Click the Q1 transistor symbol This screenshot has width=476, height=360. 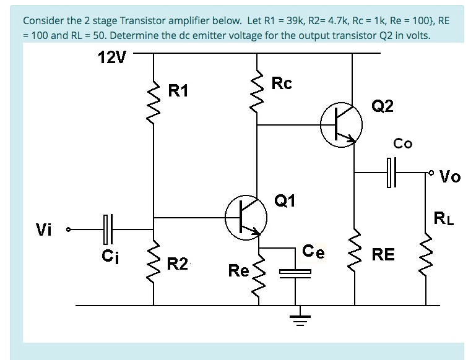point(246,218)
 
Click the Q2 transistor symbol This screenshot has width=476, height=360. point(341,126)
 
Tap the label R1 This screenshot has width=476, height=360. point(178,91)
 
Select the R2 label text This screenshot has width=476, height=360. point(178,265)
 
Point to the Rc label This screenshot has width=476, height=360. point(282,84)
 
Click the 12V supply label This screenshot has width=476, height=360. point(111,58)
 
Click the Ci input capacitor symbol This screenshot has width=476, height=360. point(106,229)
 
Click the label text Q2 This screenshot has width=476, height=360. point(382,106)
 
